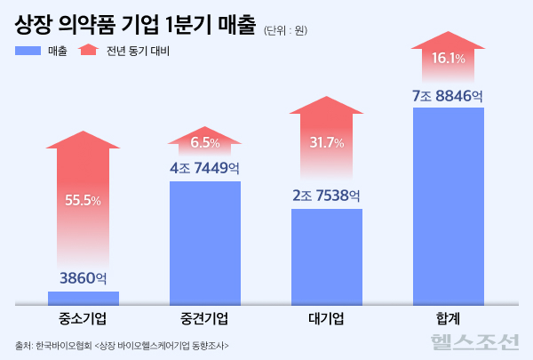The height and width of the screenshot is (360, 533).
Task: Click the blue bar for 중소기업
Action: (x=83, y=297)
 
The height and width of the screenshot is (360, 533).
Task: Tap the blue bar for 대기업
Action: (x=327, y=256)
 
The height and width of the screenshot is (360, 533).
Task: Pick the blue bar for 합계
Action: (x=449, y=205)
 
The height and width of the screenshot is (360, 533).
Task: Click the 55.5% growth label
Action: (x=83, y=200)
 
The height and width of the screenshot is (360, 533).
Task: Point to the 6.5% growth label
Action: (x=205, y=142)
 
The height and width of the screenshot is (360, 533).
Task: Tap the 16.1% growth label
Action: (x=449, y=59)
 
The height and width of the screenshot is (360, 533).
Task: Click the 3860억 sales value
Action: (x=83, y=278)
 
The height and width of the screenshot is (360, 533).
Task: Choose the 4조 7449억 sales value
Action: (x=205, y=167)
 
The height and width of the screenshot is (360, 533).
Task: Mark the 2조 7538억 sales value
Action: (x=327, y=196)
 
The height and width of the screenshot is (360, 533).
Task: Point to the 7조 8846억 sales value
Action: (x=449, y=94)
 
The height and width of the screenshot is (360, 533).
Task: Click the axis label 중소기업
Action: (x=83, y=318)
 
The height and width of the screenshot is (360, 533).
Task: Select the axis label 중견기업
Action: (x=205, y=318)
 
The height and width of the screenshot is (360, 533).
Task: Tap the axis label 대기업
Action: (x=327, y=318)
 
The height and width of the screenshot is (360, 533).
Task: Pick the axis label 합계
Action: (x=449, y=318)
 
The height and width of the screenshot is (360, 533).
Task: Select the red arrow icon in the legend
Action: (x=89, y=50)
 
